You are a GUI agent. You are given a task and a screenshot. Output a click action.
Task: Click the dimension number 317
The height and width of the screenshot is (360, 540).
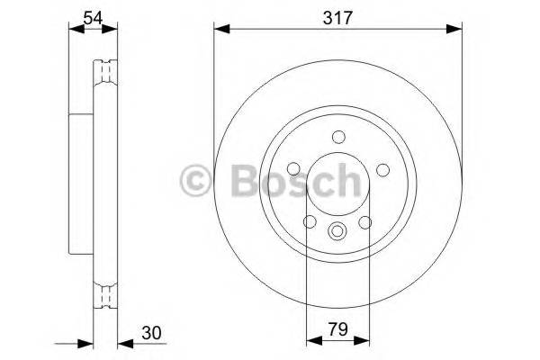337,14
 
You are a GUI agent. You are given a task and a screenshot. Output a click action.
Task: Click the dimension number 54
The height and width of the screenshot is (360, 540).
92,14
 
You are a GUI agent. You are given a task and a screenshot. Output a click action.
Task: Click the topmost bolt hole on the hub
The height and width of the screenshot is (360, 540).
337,137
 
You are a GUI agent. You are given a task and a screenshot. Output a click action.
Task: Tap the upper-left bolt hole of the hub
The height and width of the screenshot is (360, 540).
295,168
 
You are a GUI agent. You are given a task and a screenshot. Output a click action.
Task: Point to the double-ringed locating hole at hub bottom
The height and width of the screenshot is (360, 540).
337,229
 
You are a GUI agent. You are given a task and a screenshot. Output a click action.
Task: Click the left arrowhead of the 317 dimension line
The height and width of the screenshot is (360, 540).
220,30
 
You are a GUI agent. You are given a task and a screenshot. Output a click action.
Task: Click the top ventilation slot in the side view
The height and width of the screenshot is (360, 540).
106,69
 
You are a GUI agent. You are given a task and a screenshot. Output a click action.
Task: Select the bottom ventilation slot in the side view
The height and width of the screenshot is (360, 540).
106,293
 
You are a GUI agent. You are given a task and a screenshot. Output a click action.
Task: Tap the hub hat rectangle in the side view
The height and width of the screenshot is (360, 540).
83,180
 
